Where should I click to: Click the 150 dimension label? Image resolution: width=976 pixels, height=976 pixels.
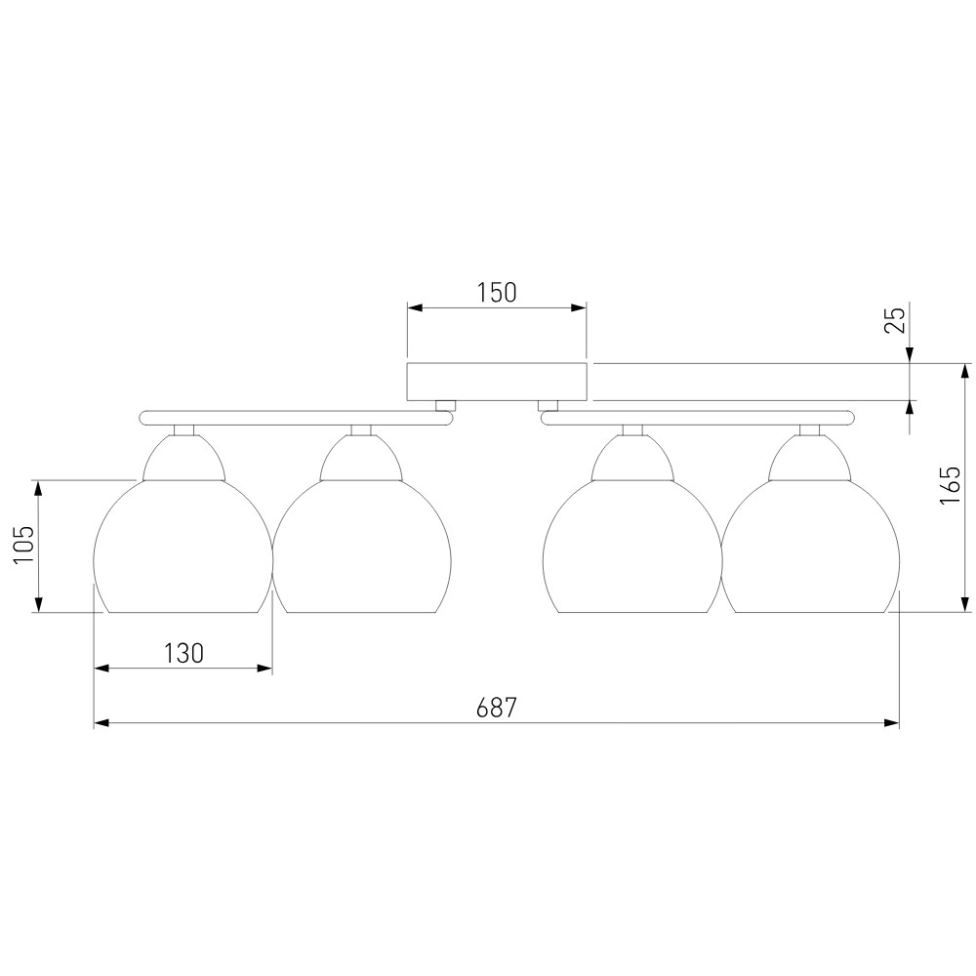(x=497, y=293)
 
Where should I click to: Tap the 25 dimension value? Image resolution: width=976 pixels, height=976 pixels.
(x=896, y=321)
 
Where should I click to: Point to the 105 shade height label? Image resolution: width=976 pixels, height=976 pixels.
(x=23, y=546)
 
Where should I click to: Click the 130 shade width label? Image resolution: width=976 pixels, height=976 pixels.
(x=183, y=654)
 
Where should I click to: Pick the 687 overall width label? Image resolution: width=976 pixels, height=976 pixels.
(x=497, y=709)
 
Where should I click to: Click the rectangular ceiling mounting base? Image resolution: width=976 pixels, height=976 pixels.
(x=497, y=382)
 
